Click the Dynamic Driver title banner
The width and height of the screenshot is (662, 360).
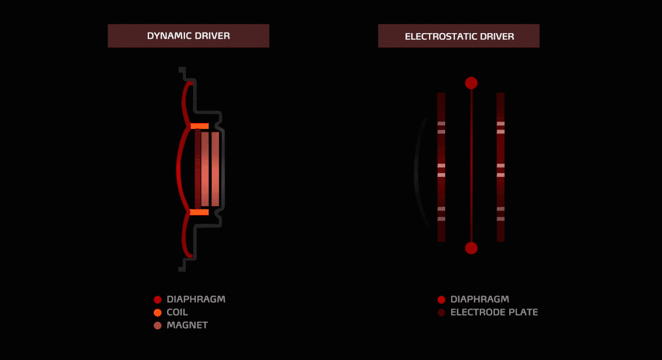[x=188, y=36]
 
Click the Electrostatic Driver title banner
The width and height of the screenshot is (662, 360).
[x=458, y=36]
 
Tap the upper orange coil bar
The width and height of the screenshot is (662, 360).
[x=199, y=126]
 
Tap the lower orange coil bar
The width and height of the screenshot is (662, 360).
[x=199, y=212]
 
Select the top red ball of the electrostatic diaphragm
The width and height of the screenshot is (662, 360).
[x=471, y=83]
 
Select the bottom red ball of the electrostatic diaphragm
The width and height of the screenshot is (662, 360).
[x=471, y=248]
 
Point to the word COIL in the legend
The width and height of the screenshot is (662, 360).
[x=177, y=312]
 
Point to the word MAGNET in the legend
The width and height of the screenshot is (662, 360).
[x=187, y=325]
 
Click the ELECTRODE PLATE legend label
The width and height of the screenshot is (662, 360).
[x=494, y=312]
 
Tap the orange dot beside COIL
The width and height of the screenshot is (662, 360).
[x=157, y=313]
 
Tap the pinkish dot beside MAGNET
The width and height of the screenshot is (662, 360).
[x=157, y=325]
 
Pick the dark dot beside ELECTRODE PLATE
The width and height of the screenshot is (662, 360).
[x=441, y=313]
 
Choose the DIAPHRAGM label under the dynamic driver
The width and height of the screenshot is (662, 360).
[x=196, y=299]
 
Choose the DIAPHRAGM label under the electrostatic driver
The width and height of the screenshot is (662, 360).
[x=479, y=299]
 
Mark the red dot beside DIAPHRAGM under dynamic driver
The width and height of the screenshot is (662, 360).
[x=157, y=299]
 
